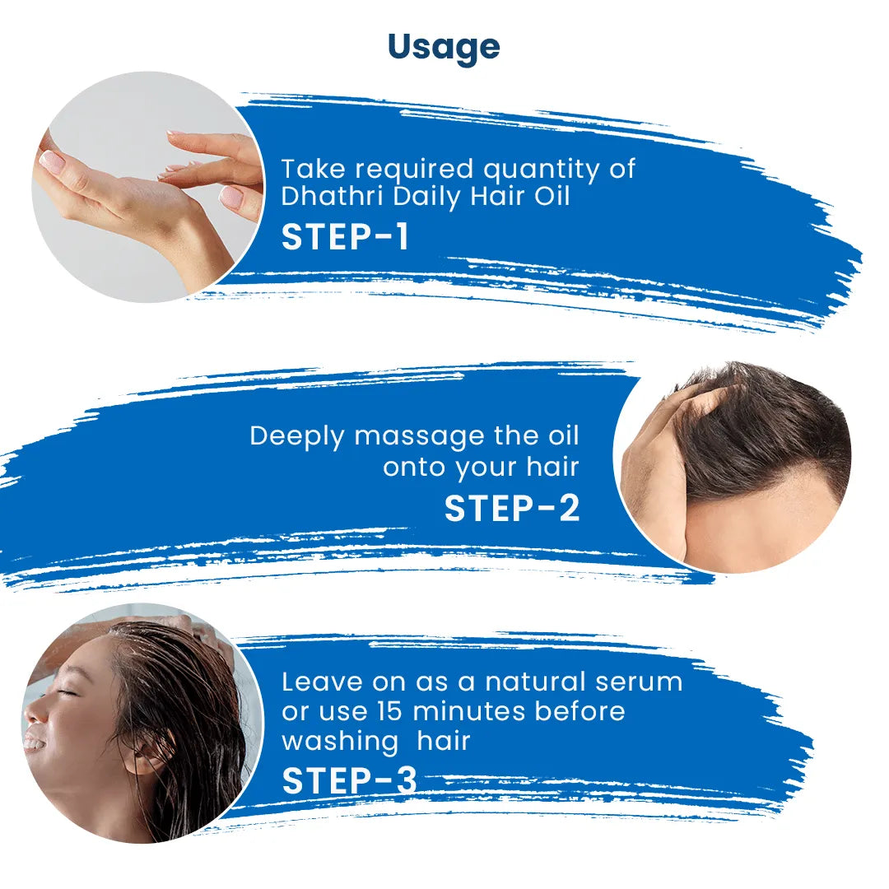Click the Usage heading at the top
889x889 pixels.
[x=444, y=47]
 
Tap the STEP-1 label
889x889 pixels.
[x=345, y=236]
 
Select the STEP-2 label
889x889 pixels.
[x=512, y=508]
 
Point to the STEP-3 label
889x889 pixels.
[x=349, y=781]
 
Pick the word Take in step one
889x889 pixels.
[x=311, y=169]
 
